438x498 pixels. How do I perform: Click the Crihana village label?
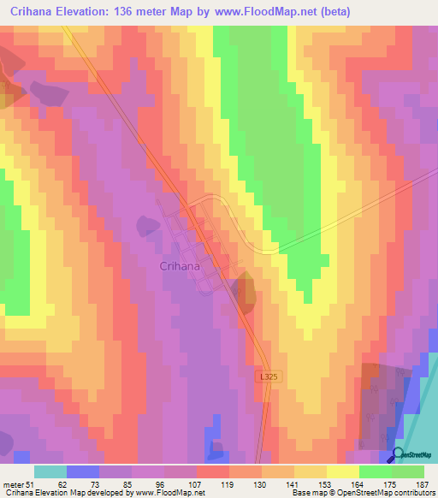pos(181,266)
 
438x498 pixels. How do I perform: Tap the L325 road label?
pos(268,376)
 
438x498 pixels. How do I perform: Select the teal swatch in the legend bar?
pos(50,472)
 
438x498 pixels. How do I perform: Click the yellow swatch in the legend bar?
pos(343,472)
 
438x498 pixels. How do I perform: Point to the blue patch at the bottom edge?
pos(214,448)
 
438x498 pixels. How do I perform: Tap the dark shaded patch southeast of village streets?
pos(245,291)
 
